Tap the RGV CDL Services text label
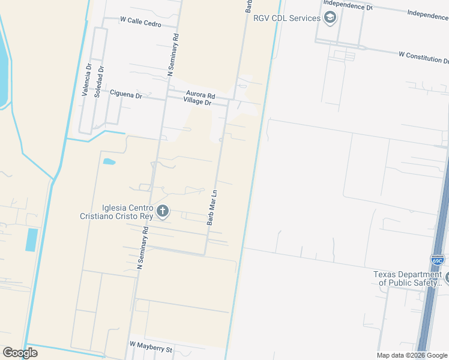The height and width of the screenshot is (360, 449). [x=287, y=18]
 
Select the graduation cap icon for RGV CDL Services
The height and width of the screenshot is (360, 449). [x=330, y=18]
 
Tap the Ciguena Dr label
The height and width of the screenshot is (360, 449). [x=126, y=94]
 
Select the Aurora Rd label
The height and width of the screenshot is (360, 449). [x=200, y=95]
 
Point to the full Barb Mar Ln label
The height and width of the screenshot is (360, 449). [x=212, y=208]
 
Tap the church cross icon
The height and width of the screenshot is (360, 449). [x=162, y=211]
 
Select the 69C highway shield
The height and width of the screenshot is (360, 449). [x=438, y=260]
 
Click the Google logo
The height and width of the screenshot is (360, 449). [x=20, y=353]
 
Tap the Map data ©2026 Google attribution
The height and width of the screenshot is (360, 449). [x=412, y=355]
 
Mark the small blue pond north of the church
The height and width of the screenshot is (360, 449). [x=109, y=161]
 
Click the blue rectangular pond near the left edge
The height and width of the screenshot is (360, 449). [x=32, y=239]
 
